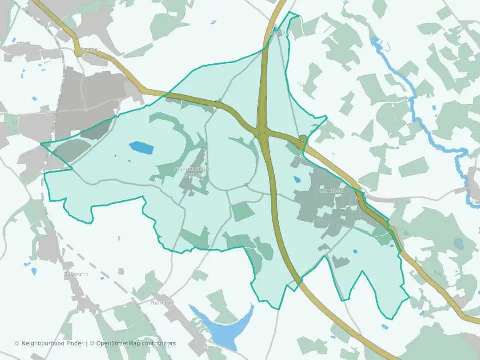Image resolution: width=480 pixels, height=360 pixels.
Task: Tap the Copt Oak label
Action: (x=279, y=33)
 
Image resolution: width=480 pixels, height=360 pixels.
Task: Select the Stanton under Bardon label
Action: (x=192, y=171)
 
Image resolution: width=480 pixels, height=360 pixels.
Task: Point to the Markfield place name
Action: (x=331, y=191)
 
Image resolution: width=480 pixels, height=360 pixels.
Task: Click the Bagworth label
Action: (x=76, y=274)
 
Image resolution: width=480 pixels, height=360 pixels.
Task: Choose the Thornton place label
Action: (x=161, y=303)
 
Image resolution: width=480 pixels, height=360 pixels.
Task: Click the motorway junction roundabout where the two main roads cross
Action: (x=262, y=133)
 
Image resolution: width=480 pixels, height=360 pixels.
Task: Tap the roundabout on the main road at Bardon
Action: (x=78, y=50)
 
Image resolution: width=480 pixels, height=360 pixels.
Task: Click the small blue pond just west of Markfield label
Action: (x=297, y=179)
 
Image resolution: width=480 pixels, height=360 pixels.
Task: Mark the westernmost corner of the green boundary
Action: (x=41, y=144)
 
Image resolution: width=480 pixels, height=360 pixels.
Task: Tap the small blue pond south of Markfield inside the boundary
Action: (x=355, y=252)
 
